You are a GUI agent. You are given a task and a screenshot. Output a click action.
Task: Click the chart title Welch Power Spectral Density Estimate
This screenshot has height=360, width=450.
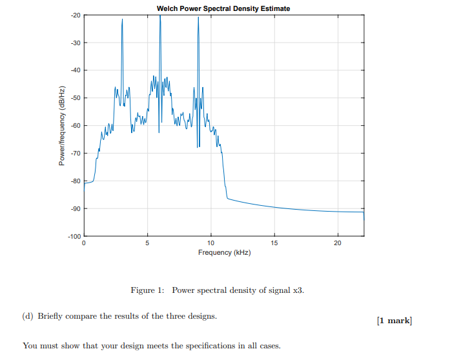coord(223,8)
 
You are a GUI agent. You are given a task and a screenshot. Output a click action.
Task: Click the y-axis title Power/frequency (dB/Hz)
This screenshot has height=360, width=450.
coord(63,125)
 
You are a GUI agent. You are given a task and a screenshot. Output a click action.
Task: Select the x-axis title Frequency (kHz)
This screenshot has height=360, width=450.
coord(224,252)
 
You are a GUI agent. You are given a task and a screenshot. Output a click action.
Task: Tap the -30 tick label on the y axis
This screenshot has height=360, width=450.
coord(75,43)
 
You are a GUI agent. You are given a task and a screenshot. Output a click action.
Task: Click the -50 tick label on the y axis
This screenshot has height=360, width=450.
coord(75,98)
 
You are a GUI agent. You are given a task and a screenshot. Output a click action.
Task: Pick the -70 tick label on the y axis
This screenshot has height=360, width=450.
coord(75,154)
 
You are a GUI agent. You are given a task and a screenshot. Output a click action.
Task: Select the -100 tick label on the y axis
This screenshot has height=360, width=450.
coord(74,237)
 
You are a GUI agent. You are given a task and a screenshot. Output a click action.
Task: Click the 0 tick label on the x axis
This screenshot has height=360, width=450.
coord(83,243)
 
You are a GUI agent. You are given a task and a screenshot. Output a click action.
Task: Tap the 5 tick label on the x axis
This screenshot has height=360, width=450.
coord(147,243)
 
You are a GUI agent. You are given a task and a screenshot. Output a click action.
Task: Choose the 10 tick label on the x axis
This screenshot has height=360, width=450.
coord(210,243)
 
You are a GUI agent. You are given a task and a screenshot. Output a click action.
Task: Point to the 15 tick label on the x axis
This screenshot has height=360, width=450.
coord(274,243)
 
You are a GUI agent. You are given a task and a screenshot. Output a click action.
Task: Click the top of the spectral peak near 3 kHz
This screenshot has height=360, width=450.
coord(122,20)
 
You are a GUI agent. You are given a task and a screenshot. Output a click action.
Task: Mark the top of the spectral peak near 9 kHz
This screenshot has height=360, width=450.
coord(198,17)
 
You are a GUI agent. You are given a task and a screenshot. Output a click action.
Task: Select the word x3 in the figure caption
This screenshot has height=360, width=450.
coord(297,290)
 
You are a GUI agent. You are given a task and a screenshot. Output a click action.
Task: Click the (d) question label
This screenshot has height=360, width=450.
coord(28,316)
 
